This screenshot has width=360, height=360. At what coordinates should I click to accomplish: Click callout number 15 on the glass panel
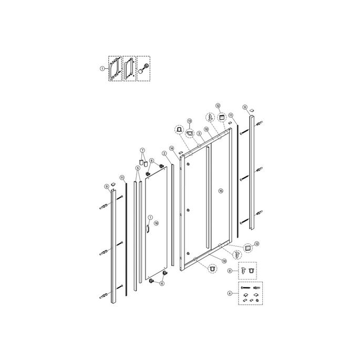[220, 191]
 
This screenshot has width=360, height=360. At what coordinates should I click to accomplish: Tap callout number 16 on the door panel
[156, 223]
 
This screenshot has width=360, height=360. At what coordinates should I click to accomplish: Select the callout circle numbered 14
[172, 149]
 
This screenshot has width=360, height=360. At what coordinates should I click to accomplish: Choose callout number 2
[164, 153]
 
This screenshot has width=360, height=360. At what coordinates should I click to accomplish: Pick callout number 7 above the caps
[141, 150]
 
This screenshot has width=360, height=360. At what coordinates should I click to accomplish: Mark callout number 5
[138, 168]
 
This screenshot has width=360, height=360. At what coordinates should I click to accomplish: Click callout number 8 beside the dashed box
[230, 270]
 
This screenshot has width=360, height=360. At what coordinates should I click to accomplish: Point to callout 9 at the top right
[245, 107]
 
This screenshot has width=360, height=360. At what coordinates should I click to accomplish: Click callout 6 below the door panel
[162, 283]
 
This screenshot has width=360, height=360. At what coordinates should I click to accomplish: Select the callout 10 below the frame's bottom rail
[224, 261]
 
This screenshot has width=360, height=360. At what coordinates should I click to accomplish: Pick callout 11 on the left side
[122, 178]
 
